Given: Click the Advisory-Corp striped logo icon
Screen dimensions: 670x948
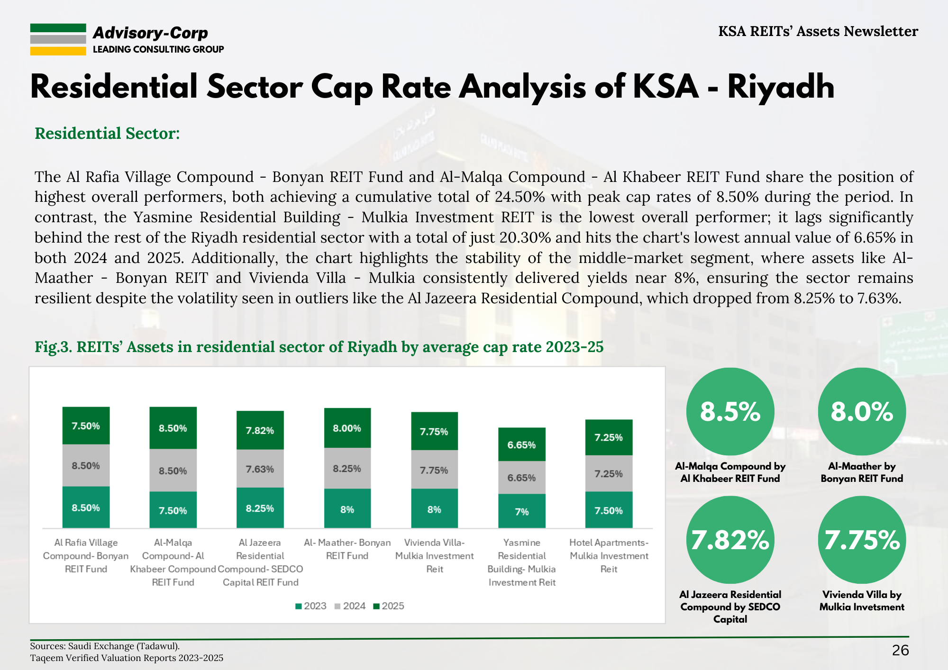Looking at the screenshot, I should click(x=58, y=39).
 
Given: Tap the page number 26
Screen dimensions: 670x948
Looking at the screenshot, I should click(x=900, y=650).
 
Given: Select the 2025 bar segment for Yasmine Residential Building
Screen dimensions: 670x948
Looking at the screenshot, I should click(x=521, y=444).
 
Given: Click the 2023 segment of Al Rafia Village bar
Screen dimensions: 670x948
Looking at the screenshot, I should click(x=86, y=507).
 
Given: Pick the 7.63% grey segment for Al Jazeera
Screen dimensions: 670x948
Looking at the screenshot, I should click(x=260, y=469).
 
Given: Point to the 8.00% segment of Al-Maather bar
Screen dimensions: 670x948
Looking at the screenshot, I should click(x=347, y=428).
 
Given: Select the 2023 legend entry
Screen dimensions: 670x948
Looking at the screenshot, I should click(x=310, y=606).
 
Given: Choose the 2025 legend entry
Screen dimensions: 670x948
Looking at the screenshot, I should click(x=389, y=606).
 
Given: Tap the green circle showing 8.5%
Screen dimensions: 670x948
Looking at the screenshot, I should click(x=730, y=411).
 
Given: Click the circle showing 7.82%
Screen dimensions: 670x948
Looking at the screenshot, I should click(x=730, y=540).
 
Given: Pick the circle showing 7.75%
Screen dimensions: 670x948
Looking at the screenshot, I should click(x=862, y=540).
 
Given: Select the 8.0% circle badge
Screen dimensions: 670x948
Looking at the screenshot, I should click(x=862, y=411).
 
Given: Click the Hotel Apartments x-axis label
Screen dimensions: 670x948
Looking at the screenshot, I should click(x=609, y=555).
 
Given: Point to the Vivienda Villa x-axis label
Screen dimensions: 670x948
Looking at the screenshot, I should click(x=434, y=555).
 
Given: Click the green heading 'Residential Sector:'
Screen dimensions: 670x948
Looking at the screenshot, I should click(x=107, y=134).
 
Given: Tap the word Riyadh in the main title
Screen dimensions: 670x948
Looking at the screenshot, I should click(x=781, y=87).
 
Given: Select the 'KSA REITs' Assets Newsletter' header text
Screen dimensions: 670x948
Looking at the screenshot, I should click(x=818, y=31).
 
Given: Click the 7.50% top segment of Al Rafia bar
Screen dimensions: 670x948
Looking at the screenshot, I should click(x=86, y=426).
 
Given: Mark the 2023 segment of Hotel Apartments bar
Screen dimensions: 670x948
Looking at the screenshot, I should click(x=609, y=510).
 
